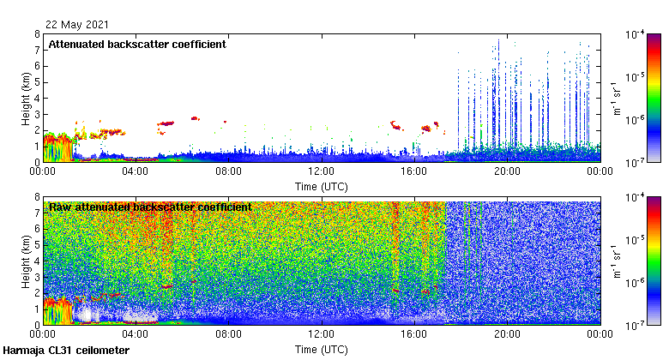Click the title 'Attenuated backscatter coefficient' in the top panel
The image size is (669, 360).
click(x=137, y=44)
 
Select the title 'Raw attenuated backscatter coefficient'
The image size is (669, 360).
click(x=150, y=207)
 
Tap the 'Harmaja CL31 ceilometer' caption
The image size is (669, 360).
click(x=66, y=351)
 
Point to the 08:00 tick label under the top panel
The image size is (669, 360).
click(x=228, y=171)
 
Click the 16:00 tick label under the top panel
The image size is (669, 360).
click(x=414, y=171)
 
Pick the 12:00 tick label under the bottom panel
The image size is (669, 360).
click(x=322, y=333)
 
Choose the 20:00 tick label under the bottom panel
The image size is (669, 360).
click(x=507, y=333)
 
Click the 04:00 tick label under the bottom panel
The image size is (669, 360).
click(x=136, y=333)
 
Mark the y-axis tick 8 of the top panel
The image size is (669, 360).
click(x=38, y=35)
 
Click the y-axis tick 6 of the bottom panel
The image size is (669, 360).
click(x=38, y=229)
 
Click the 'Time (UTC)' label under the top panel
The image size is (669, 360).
click(x=322, y=185)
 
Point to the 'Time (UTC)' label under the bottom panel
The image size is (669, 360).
click(x=322, y=349)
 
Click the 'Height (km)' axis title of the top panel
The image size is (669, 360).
click(x=27, y=98)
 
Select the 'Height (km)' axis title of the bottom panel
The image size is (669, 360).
click(x=27, y=261)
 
